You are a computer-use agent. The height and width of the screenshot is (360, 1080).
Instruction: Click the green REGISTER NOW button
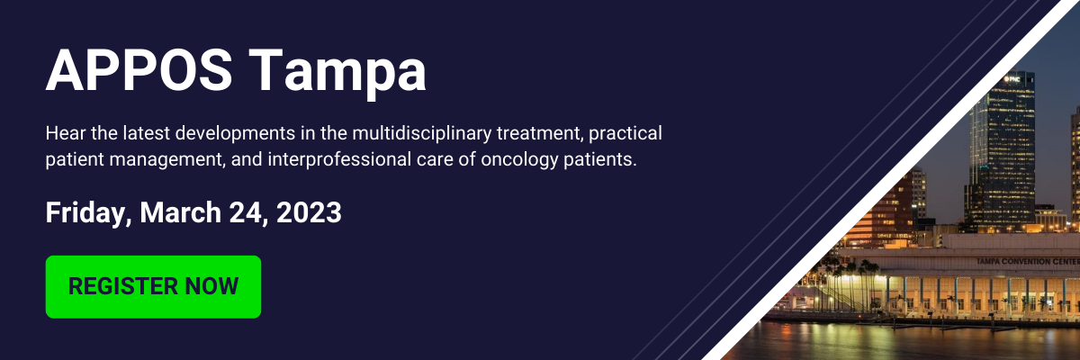153,287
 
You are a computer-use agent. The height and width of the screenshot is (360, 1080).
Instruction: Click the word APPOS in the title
139,70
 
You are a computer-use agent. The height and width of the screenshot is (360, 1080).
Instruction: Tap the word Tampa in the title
337,73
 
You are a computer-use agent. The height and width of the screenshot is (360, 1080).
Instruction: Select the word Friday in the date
89,213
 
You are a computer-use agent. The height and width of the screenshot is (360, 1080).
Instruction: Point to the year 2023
309,212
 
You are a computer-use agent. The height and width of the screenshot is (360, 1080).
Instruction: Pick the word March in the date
180,212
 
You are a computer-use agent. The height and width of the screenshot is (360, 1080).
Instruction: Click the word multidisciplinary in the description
422,133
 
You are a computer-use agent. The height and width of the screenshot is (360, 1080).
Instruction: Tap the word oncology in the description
519,159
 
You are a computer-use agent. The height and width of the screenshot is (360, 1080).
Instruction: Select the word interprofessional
339,159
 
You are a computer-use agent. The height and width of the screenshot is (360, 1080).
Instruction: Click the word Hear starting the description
65,133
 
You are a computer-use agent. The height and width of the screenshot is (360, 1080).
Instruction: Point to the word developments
235,133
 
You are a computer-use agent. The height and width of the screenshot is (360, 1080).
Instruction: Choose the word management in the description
167,160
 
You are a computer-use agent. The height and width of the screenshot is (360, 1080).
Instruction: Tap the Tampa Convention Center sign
1027,262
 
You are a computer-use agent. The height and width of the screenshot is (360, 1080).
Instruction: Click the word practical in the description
625,133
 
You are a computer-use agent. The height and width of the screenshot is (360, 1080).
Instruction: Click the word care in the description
435,160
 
